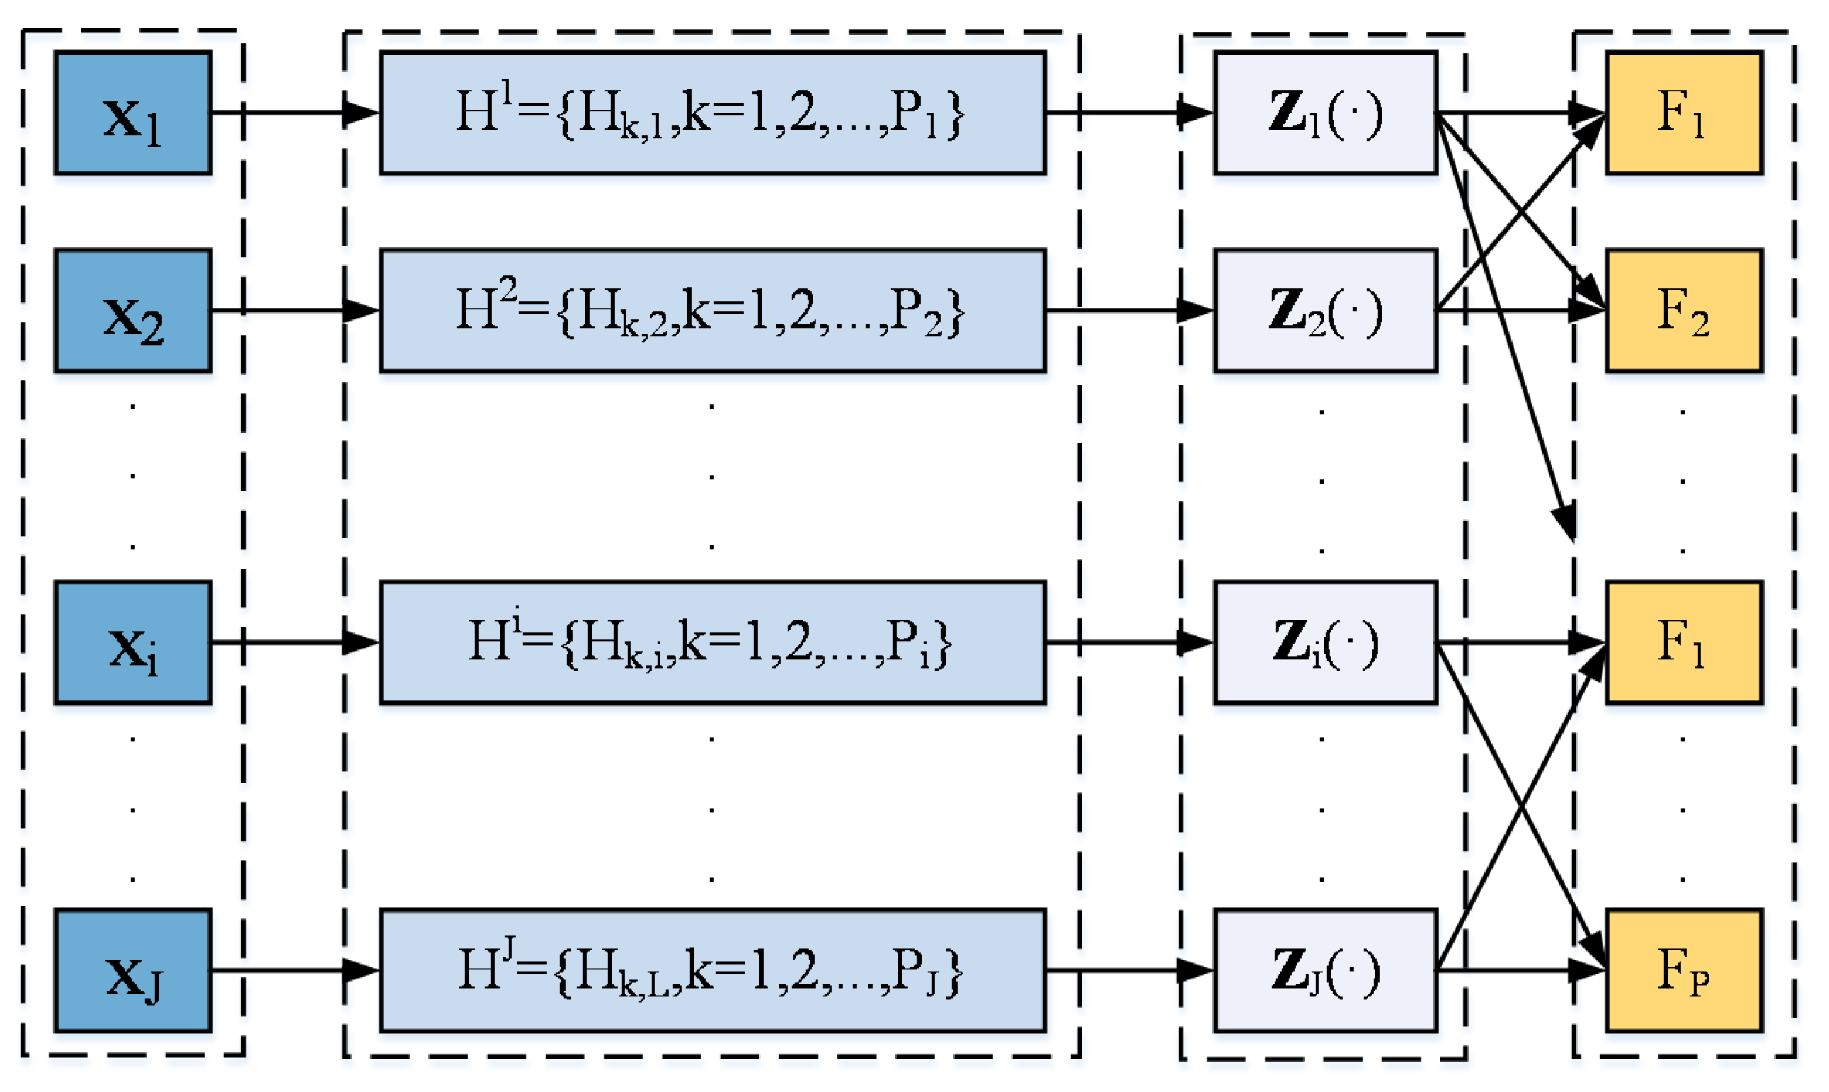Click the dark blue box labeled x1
tap(133, 113)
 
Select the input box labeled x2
tap(133, 310)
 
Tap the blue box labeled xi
tap(133, 642)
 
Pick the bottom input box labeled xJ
tap(133, 971)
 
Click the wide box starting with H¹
tap(712, 113)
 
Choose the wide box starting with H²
tap(712, 310)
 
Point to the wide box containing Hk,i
tap(712, 642)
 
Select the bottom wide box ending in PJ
tap(712, 971)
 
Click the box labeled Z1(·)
tap(1325, 113)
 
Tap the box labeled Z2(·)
tap(1325, 310)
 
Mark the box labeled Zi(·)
tap(1325, 642)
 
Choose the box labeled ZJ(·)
tap(1325, 971)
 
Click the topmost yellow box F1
tap(1683, 113)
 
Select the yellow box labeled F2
tap(1683, 310)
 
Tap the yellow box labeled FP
tap(1683, 971)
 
